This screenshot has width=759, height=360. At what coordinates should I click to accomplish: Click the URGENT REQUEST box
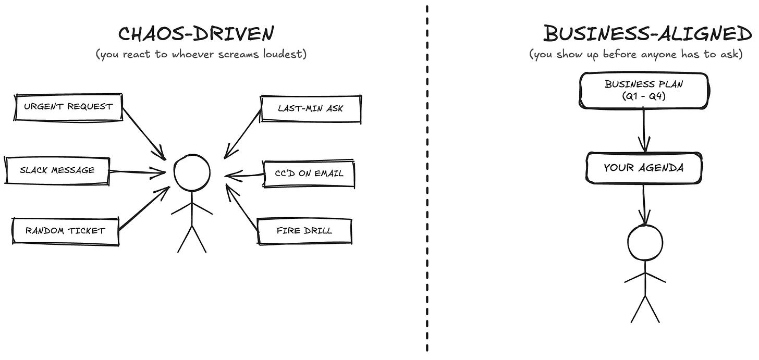click(x=68, y=107)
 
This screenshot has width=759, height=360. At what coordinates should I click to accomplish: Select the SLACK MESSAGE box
click(x=57, y=170)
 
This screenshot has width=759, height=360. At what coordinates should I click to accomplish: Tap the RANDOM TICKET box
click(x=66, y=230)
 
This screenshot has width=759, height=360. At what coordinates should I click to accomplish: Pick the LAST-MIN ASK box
click(x=311, y=109)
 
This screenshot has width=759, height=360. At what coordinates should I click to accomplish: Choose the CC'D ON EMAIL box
click(x=309, y=173)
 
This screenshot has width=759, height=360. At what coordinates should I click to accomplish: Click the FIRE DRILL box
click(x=304, y=230)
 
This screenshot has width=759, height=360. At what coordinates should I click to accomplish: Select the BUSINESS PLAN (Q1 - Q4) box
click(x=644, y=91)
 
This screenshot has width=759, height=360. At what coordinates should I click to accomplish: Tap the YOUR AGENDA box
click(x=643, y=168)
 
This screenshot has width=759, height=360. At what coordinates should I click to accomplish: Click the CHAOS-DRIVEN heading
click(x=195, y=34)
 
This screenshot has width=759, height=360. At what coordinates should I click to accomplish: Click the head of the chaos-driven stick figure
click(x=192, y=173)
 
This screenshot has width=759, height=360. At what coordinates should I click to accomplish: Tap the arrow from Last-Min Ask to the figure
click(x=242, y=133)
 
